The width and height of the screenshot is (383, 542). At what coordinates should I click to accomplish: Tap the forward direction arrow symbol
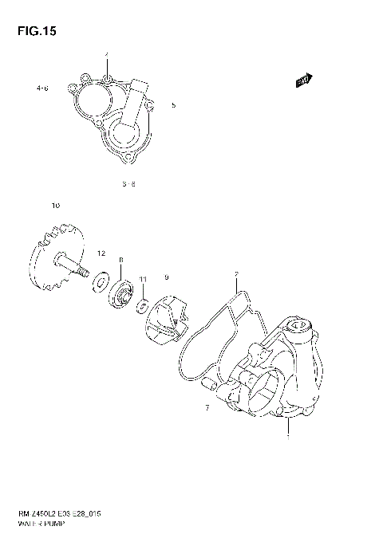(x=302, y=81)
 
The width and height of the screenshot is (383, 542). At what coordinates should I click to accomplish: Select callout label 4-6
(x=42, y=88)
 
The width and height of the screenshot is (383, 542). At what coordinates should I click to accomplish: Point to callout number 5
(x=173, y=104)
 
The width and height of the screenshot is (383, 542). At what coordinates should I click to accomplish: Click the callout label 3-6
(x=129, y=183)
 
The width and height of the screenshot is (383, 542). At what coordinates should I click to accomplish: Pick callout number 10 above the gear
(x=55, y=206)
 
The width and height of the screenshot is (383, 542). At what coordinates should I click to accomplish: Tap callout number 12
(x=101, y=253)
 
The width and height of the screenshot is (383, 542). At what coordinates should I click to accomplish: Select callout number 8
(x=121, y=260)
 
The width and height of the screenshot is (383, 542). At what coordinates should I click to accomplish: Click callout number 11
(x=143, y=278)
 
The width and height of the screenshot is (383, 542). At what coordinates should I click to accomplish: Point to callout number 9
(x=166, y=277)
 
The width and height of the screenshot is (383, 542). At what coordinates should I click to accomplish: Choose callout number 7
(x=207, y=407)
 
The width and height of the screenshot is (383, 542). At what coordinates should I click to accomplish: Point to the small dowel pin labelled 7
(x=211, y=385)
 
